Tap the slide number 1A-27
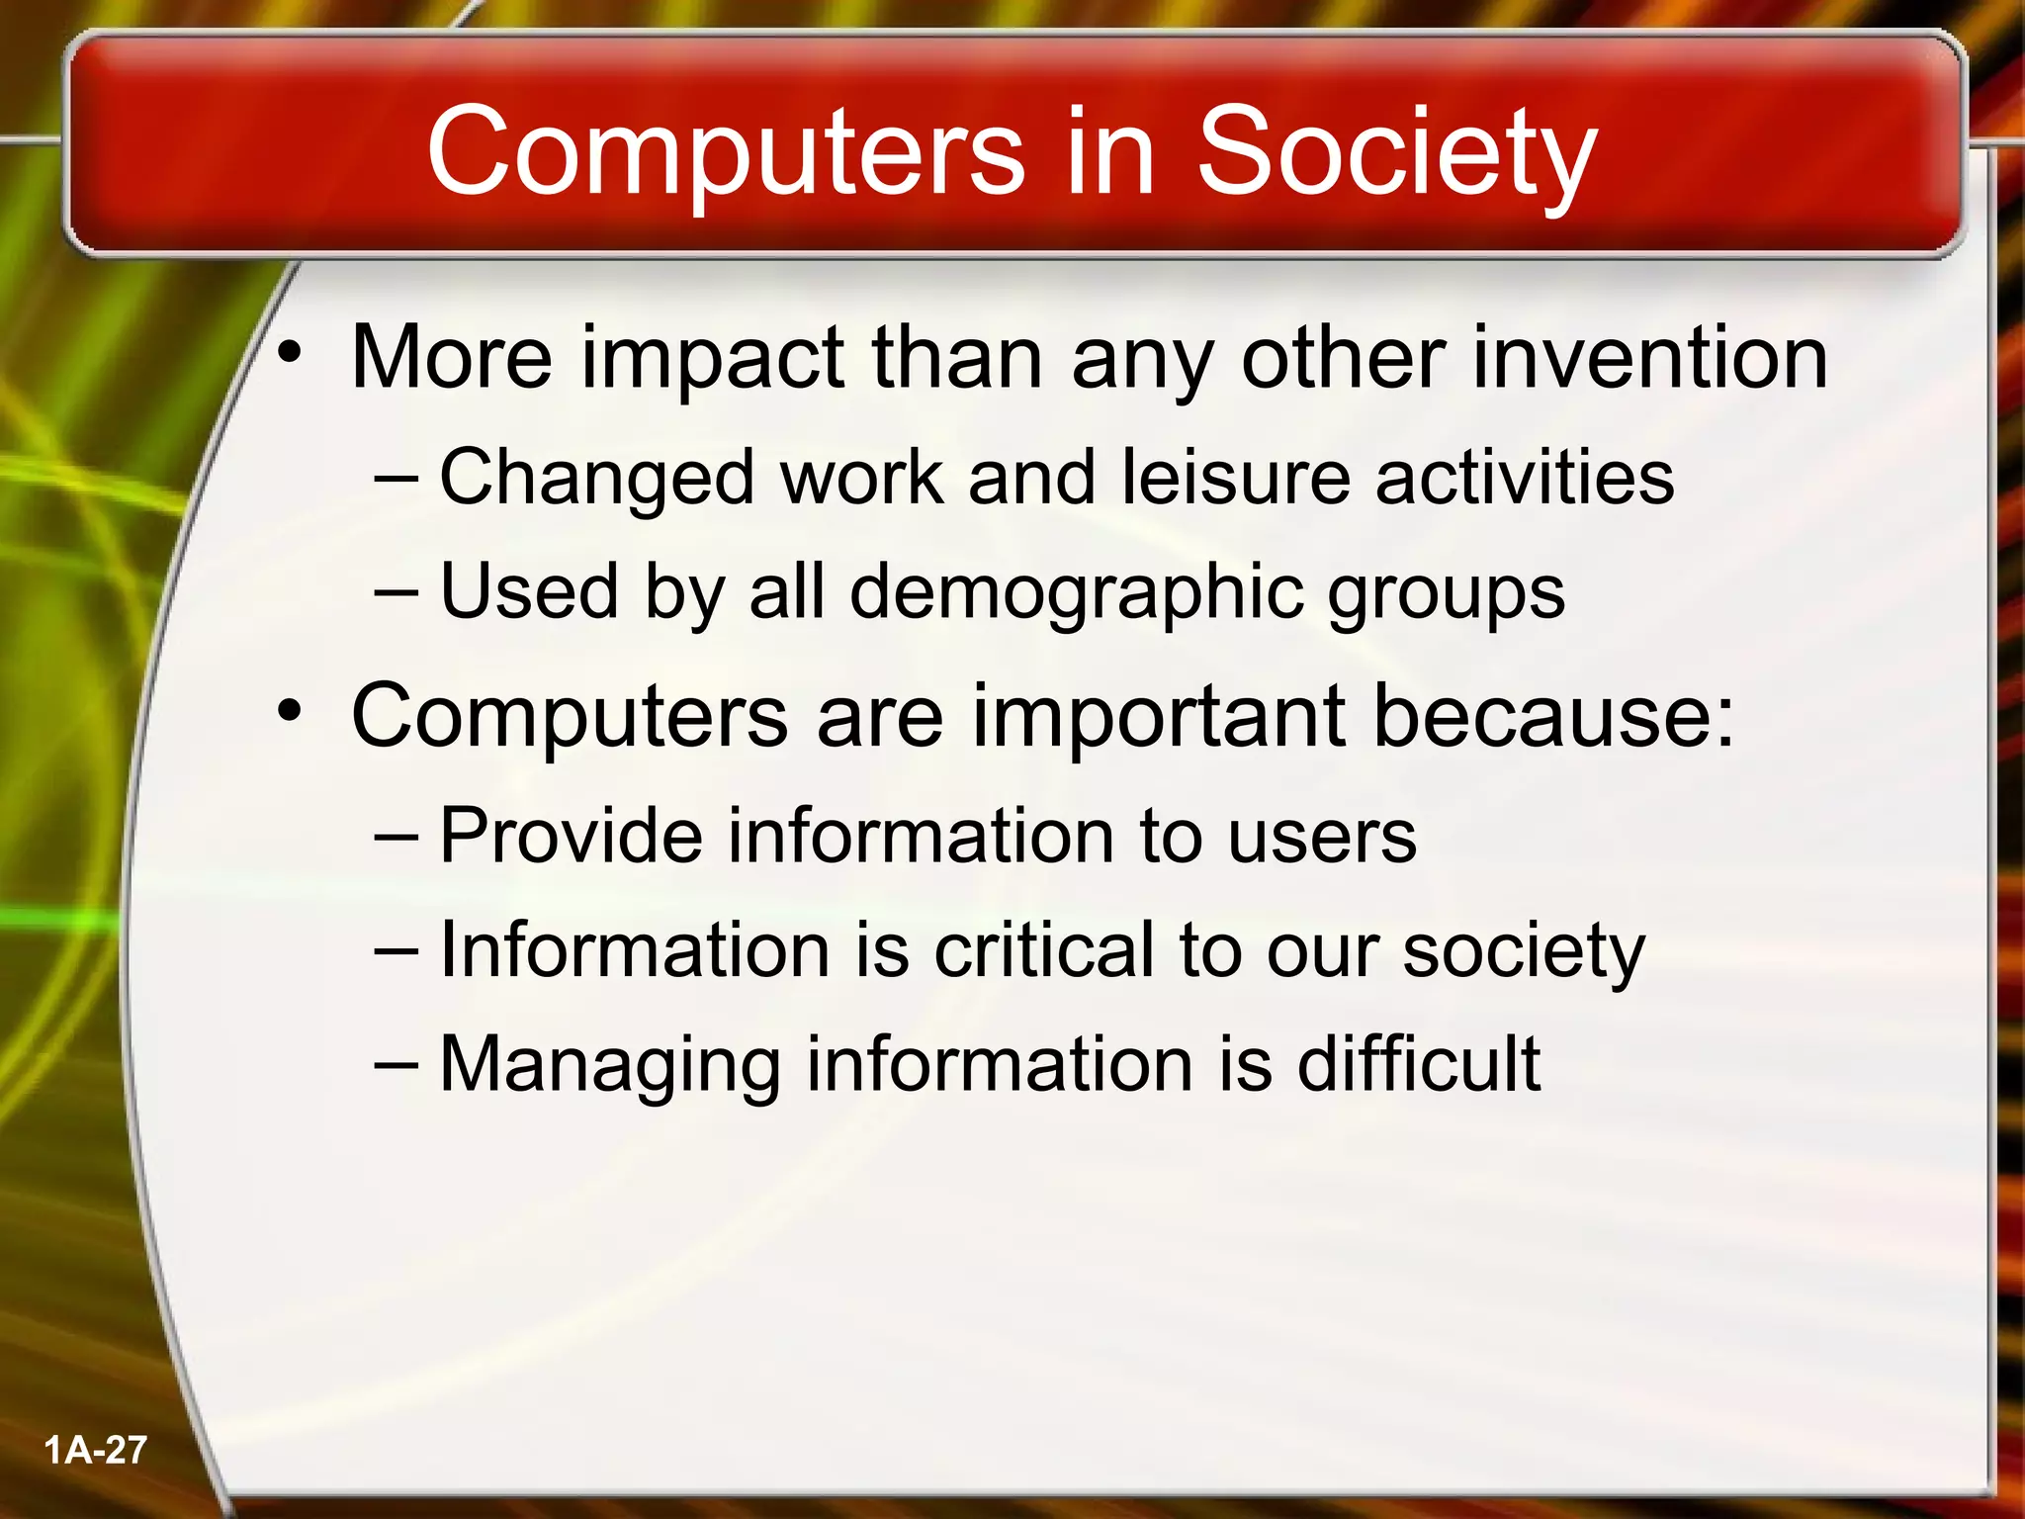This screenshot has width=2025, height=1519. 95,1450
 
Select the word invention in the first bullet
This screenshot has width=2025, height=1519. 1649,358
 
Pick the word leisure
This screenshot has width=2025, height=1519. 1236,479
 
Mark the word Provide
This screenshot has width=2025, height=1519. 570,837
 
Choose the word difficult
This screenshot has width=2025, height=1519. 1418,1064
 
